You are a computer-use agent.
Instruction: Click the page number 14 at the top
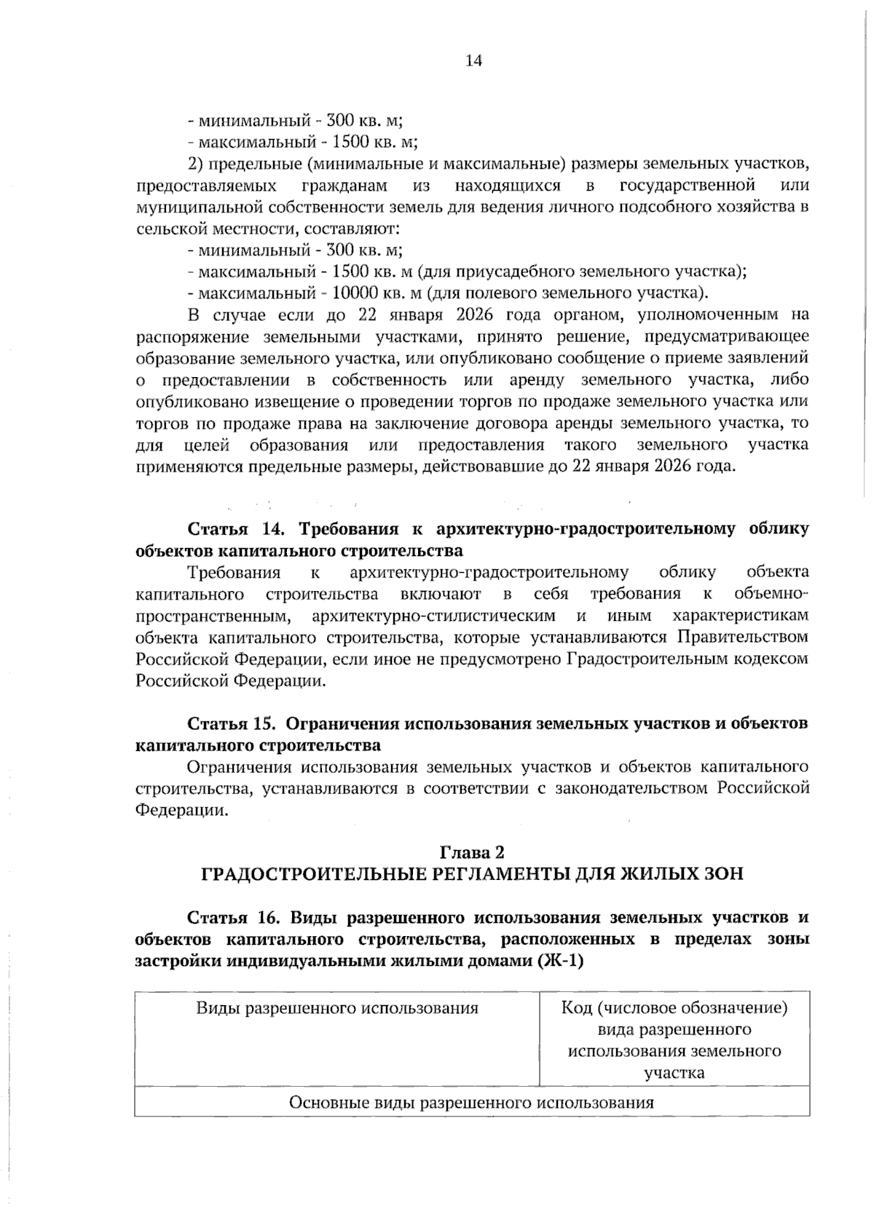point(473,61)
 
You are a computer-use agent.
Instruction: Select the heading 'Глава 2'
point(473,852)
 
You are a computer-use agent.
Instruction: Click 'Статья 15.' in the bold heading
point(231,724)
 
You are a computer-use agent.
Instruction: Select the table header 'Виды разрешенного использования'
point(337,1008)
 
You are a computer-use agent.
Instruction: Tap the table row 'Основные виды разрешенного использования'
point(471,1102)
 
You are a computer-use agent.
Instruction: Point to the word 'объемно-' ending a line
point(771,594)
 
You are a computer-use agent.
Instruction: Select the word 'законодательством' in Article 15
point(631,788)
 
